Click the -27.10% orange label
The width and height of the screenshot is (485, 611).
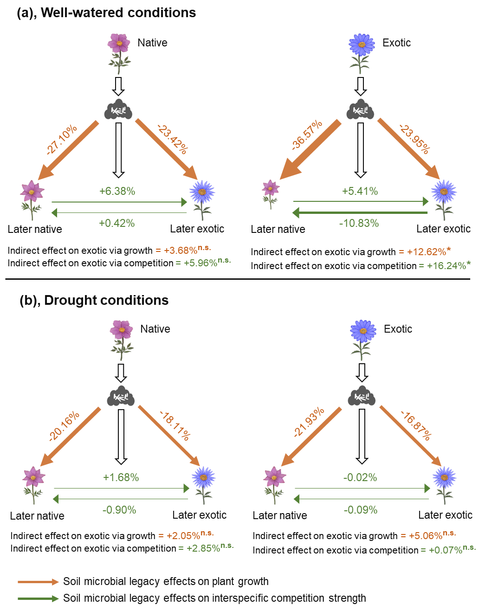[x=62, y=140]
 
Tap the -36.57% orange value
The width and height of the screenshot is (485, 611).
[x=307, y=135]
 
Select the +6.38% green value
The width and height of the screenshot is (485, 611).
[x=117, y=191]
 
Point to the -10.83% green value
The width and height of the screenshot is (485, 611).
[x=359, y=223]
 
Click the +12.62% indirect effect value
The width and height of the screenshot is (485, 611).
[x=426, y=252]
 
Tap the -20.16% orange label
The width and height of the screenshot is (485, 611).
[x=64, y=426]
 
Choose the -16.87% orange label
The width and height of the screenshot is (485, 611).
[x=416, y=425]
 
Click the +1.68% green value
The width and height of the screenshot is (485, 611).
[x=121, y=477]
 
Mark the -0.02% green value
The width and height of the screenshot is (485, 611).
[x=360, y=477]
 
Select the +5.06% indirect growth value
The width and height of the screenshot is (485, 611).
[x=425, y=536]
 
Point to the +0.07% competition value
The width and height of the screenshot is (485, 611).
[x=445, y=550]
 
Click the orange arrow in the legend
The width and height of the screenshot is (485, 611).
[x=38, y=582]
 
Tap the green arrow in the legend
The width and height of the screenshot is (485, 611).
[x=38, y=598]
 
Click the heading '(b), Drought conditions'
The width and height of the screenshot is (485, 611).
[x=94, y=300]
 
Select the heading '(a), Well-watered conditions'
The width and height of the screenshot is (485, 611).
[x=106, y=13]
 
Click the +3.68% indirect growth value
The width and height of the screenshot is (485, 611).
[x=180, y=251]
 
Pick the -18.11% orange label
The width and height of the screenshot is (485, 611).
[x=175, y=425]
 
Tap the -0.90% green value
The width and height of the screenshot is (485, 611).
[x=119, y=510]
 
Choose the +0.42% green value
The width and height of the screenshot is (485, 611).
[x=116, y=223]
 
